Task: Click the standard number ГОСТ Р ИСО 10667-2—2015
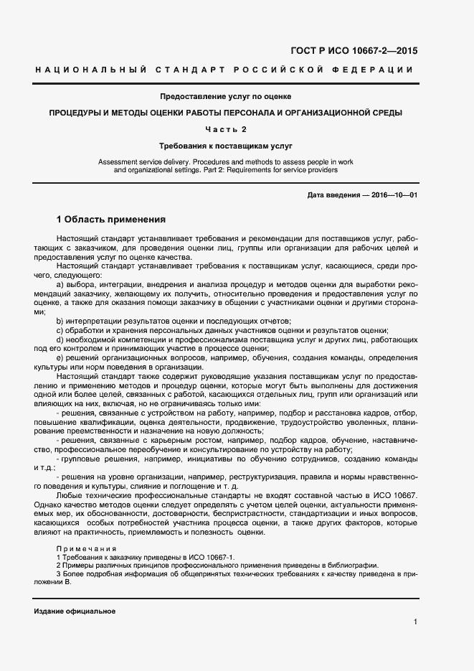354,51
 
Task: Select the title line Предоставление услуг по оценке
225,97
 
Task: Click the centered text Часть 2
225,129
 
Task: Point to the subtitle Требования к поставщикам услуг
225,146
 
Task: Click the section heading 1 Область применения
111,219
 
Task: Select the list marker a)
60,284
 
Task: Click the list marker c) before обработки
60,329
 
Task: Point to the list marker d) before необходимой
60,339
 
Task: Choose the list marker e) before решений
60,357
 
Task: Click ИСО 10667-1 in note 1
211,557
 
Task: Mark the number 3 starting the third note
58,574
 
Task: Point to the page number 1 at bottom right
415,621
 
